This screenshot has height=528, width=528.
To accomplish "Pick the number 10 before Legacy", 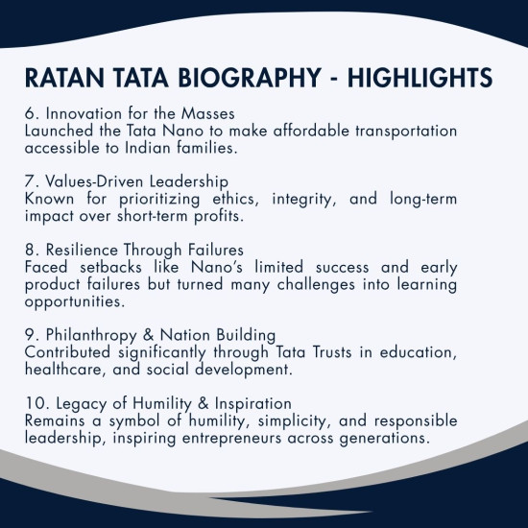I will tap(34, 405).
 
